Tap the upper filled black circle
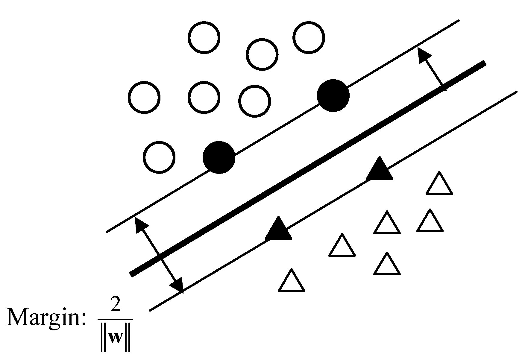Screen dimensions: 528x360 click(x=333, y=95)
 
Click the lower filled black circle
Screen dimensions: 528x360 click(x=219, y=157)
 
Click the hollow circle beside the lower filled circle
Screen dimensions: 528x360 click(x=159, y=157)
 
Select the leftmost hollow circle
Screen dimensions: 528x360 click(x=144, y=98)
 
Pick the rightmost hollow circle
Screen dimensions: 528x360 click(x=309, y=38)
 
